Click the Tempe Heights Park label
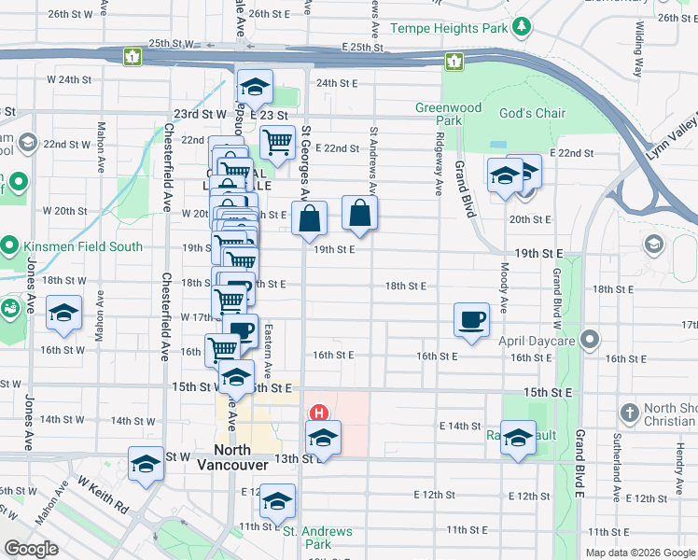(449, 28)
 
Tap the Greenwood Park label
(449, 114)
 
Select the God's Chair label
(532, 113)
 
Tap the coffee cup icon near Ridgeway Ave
(471, 320)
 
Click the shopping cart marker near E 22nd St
(277, 143)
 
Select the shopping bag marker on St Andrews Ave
(360, 214)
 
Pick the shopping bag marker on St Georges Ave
(309, 219)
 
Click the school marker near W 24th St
(254, 88)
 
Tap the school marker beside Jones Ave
(63, 314)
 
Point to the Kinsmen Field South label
(84, 246)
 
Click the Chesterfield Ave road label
(166, 317)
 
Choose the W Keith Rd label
(103, 496)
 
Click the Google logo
(31, 549)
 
